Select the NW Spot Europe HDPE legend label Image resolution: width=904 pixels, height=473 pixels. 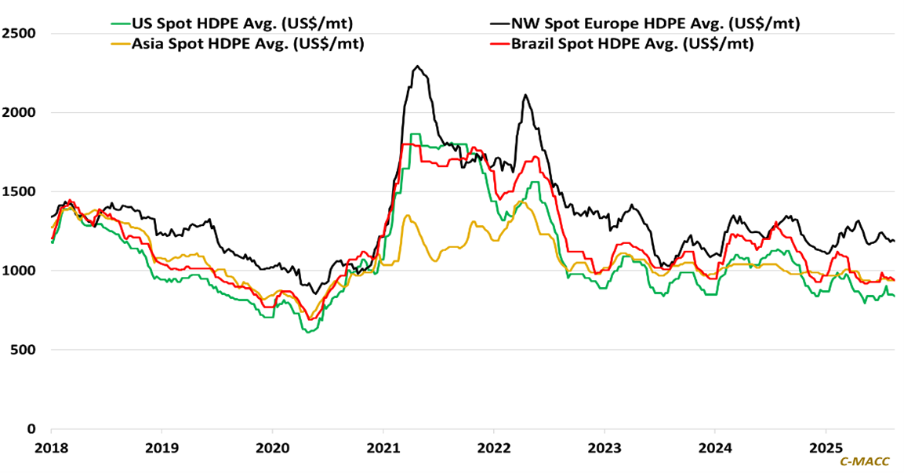655,24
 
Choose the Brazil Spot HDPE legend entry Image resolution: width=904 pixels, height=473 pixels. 632,44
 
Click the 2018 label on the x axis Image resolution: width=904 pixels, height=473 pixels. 51,448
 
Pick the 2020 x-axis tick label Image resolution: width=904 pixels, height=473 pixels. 272,448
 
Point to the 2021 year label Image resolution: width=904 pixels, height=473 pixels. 383,448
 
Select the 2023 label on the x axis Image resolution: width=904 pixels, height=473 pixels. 604,448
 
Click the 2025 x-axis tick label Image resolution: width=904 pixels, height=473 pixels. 825,448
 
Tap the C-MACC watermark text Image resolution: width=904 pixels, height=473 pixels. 865,462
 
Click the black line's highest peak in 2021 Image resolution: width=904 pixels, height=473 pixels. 418,67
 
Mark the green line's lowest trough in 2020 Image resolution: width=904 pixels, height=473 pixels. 308,332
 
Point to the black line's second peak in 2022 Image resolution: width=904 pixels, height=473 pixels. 525,96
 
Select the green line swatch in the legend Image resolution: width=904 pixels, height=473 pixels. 119,24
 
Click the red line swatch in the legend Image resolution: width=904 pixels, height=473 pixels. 497,44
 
